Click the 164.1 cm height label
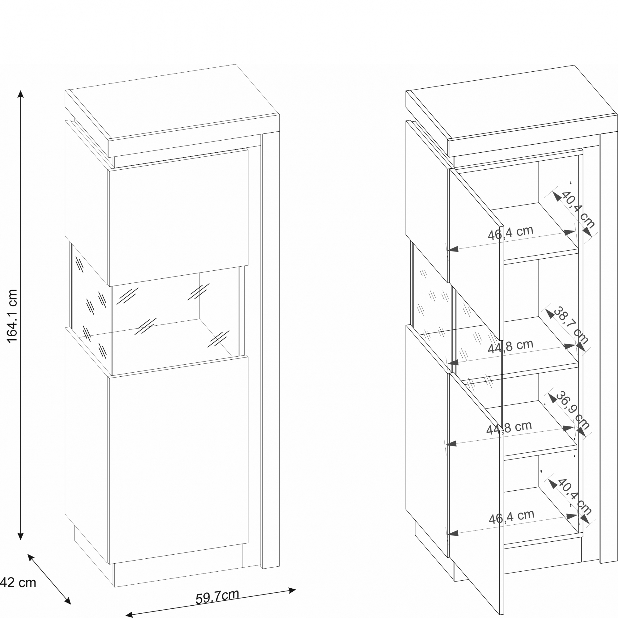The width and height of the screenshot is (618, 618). click(12, 316)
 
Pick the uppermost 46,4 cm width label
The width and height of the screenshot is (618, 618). click(510, 233)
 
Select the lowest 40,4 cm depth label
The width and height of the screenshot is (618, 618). click(574, 496)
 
